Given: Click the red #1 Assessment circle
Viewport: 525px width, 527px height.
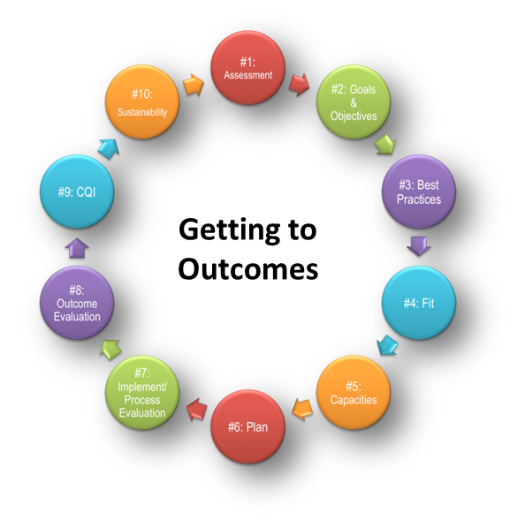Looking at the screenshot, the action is point(247,68).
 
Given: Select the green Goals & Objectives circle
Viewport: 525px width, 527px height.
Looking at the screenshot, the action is point(354,102).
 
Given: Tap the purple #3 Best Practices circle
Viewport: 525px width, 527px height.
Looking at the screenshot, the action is point(419,192).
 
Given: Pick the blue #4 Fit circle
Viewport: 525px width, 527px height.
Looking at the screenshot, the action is point(419,303).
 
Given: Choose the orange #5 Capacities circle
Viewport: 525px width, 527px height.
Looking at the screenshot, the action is point(354,393).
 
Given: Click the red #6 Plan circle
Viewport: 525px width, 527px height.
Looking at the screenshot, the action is point(247,427).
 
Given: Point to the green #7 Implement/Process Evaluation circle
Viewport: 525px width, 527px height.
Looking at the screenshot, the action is point(142,393).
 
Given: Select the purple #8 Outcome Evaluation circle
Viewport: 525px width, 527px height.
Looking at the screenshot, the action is point(77,303).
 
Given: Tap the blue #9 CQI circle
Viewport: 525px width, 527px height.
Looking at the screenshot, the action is point(77,192).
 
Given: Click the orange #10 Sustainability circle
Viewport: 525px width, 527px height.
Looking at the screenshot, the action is point(142,102).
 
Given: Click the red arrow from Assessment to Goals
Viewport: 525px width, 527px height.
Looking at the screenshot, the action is point(300,84).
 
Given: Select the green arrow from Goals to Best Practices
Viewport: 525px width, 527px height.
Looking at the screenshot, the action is point(385,145).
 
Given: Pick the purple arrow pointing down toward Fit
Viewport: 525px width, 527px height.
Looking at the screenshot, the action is point(419,246).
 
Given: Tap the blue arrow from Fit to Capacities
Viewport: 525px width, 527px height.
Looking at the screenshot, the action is point(387,345).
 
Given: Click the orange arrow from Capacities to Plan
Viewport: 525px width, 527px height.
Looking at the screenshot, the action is point(302,409).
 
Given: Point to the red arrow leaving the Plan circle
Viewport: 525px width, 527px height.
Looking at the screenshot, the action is point(197,409).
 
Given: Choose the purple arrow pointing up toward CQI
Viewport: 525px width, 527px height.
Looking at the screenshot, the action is point(77,248).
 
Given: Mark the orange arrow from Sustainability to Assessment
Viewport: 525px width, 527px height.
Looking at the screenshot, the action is point(194,85).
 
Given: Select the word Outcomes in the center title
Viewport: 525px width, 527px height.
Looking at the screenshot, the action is point(248,269).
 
